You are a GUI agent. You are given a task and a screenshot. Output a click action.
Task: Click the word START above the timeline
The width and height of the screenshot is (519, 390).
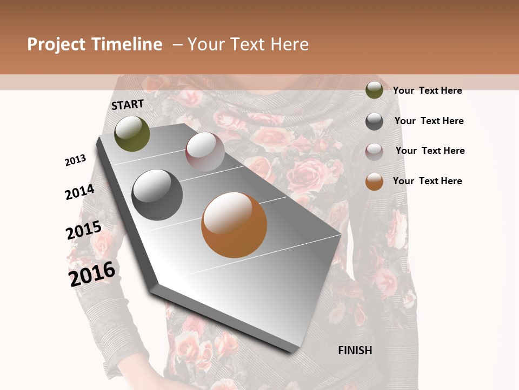coord(128,105)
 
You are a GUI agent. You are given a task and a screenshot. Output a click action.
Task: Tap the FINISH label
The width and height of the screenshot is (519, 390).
coord(355,350)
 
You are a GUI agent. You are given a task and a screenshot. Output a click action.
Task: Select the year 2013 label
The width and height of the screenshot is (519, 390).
coord(76,160)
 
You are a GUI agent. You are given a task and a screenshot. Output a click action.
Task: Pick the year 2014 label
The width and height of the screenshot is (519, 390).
coord(80,192)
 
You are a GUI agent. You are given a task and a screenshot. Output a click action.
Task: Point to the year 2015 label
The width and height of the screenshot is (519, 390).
coord(84,230)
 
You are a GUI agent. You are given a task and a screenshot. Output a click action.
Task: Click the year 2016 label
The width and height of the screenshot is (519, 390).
coord(92,274)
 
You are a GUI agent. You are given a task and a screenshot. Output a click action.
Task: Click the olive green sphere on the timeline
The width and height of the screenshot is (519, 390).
coord(132,133)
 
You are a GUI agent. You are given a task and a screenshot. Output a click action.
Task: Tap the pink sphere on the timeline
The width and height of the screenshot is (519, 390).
coord(205,151)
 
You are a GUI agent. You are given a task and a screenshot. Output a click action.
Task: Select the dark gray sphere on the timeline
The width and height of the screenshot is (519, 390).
coord(157,194)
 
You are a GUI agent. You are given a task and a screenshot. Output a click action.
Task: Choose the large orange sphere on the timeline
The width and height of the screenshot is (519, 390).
coord(234,224)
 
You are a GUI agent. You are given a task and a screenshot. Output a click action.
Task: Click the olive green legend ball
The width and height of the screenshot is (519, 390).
coord(374,90)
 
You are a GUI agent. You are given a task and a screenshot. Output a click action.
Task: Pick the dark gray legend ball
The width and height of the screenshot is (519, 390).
coord(374,121)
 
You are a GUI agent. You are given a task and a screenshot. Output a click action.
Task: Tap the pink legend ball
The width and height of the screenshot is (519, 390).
coord(374,152)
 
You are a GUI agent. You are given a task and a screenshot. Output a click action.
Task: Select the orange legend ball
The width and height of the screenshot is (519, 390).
coord(374,181)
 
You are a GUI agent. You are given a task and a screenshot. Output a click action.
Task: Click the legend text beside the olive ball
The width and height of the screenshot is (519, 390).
coord(427,90)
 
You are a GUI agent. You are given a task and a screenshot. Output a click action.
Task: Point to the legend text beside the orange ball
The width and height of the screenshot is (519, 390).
coord(427,181)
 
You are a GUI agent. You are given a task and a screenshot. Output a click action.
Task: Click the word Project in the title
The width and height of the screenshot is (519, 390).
coord(55,44)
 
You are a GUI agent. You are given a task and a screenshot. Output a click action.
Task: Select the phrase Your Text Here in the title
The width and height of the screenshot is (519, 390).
coord(248,44)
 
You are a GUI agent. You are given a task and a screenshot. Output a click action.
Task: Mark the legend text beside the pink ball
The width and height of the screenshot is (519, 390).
coord(430,151)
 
